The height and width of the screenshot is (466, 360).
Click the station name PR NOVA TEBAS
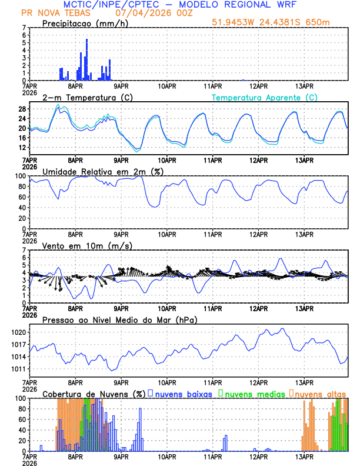point(51,12)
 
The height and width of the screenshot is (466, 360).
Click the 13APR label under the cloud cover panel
point(304,456)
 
